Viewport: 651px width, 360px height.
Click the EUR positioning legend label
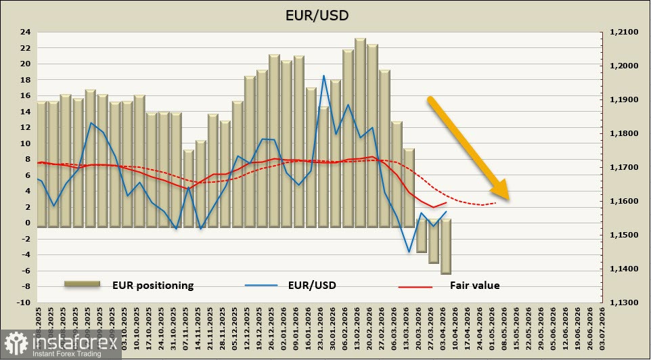152,286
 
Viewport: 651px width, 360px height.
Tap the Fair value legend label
474,286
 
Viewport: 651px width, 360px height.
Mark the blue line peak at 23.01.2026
324,76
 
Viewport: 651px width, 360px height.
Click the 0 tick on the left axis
28,223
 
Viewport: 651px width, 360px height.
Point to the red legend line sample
415,286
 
